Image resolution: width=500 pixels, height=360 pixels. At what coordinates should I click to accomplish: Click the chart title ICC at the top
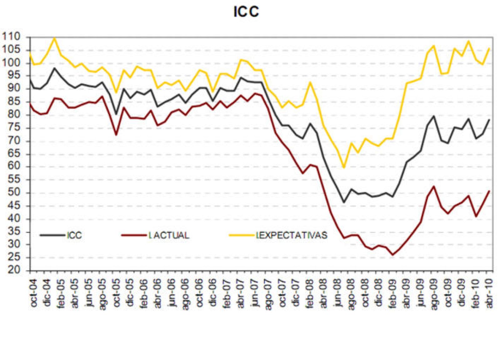246,12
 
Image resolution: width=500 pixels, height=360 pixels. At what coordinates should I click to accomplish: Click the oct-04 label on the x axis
34,290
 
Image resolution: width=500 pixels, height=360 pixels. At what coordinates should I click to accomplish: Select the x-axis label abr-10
489,290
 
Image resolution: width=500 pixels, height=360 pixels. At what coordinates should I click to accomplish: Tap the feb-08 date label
310,290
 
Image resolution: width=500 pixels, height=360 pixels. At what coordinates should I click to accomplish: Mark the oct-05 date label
117,290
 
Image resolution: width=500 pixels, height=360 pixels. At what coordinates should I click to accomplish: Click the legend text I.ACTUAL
169,235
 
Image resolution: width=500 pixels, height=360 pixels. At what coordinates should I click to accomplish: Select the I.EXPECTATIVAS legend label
292,235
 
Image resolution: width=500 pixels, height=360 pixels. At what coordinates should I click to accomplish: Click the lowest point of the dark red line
392,255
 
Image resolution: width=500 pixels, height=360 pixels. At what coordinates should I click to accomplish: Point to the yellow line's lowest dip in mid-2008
344,168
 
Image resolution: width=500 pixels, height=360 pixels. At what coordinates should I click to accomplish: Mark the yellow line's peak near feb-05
54,38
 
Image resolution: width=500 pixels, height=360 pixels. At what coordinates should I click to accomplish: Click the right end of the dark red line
489,191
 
